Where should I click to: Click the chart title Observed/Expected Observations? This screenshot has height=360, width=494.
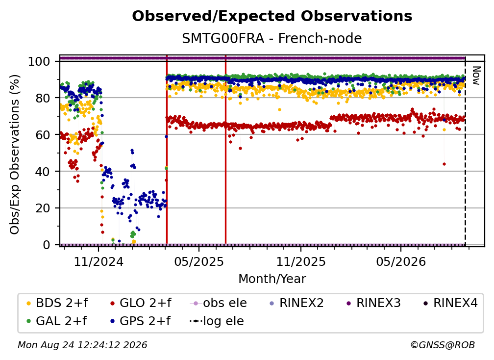click(x=272, y=16)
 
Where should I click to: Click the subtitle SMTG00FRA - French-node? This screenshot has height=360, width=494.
click(x=272, y=39)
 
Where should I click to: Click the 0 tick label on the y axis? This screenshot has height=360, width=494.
click(x=47, y=245)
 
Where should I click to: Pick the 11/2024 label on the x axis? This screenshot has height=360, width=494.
click(x=99, y=261)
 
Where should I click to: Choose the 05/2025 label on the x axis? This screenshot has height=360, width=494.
click(x=199, y=261)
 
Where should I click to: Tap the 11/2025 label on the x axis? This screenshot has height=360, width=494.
click(x=301, y=261)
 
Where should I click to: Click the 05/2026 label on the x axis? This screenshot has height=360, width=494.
click(x=401, y=261)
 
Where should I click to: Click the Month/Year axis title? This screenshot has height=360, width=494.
click(x=272, y=279)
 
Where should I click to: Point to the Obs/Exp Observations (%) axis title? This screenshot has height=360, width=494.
click(x=15, y=154)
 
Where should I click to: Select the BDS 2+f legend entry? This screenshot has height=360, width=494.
click(x=57, y=303)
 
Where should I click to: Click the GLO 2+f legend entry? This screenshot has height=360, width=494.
click(x=141, y=303)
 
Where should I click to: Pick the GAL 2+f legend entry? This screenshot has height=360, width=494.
click(x=57, y=321)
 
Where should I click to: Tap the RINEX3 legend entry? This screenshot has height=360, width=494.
click(x=373, y=303)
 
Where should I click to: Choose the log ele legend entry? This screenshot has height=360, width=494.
click(x=217, y=321)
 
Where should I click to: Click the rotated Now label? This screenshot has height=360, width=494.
click(x=476, y=76)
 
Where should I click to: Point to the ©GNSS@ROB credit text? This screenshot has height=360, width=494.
click(x=443, y=345)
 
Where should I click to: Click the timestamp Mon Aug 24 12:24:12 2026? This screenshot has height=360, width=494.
click(x=82, y=345)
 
